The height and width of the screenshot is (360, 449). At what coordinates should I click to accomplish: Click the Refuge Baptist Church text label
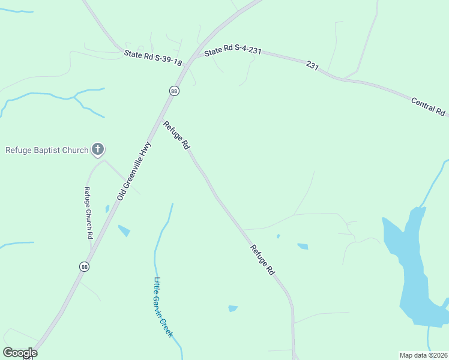[46, 150]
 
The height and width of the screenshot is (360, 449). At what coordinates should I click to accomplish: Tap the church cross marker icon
[98, 149]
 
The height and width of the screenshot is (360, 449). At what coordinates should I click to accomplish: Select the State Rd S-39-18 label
[152, 58]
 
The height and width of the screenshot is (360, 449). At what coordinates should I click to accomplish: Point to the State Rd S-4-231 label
[233, 51]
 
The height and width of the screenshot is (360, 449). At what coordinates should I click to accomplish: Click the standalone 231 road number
[311, 64]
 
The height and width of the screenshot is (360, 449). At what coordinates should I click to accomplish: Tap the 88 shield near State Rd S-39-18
[174, 91]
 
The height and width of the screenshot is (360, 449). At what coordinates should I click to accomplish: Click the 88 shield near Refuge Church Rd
[85, 266]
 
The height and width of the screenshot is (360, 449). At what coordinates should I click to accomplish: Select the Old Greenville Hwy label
[135, 171]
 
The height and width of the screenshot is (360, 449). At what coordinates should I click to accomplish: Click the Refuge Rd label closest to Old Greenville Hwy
[176, 135]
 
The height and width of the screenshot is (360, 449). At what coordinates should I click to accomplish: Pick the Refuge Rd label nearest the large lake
[262, 260]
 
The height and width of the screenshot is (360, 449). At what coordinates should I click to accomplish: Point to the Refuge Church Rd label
[87, 213]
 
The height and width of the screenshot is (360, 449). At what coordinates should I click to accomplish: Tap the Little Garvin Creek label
[163, 306]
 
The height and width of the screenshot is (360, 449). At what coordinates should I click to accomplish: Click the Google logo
[20, 353]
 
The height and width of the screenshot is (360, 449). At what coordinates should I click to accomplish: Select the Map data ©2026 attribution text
[423, 355]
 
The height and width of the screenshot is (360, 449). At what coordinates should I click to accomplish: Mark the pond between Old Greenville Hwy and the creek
[124, 230]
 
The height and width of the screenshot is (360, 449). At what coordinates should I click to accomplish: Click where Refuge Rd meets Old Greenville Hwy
[163, 111]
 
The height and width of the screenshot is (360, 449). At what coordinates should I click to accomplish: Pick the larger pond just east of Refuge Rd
[303, 246]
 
